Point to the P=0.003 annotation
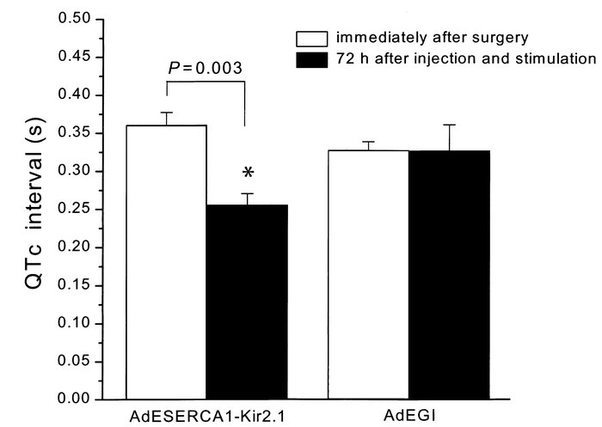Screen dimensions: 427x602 (206, 67)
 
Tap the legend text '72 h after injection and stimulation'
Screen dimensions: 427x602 (465, 58)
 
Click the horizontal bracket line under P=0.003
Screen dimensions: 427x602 (206, 82)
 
